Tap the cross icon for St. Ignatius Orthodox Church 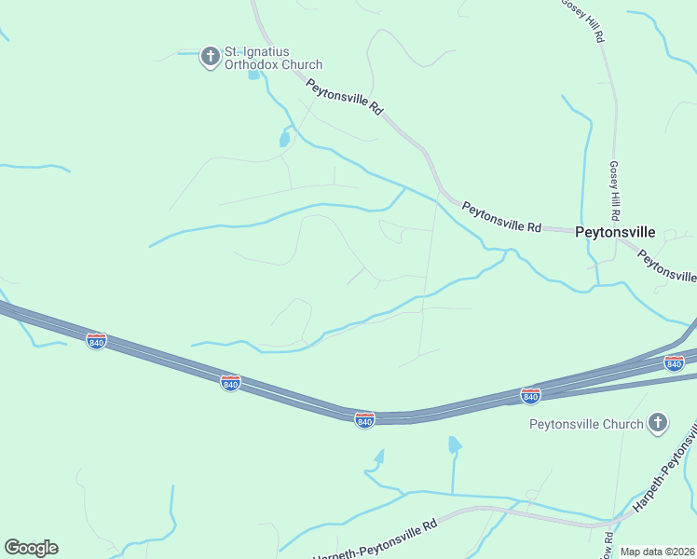point(211,57)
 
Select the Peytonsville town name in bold point(615,232)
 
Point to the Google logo point(31,548)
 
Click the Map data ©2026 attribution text point(658,552)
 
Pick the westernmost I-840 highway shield point(96,341)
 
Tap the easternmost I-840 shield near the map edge point(675,362)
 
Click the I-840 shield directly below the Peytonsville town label point(530,396)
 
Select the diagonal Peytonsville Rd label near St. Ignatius point(345,95)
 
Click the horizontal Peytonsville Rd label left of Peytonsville point(501,219)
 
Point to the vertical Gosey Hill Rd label point(614,186)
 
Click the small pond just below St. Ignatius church point(253,75)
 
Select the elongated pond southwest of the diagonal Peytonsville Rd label point(284,140)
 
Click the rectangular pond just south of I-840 point(455,444)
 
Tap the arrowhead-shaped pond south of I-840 point(378,457)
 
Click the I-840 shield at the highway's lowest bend point(364,420)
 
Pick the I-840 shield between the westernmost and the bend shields point(230,382)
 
